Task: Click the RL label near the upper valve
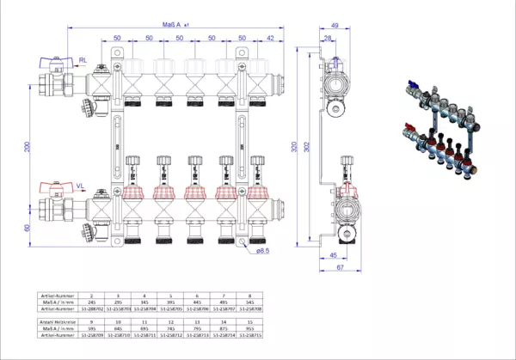83,59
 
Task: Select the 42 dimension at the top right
272,39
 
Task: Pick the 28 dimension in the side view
329,40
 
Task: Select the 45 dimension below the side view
332,255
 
